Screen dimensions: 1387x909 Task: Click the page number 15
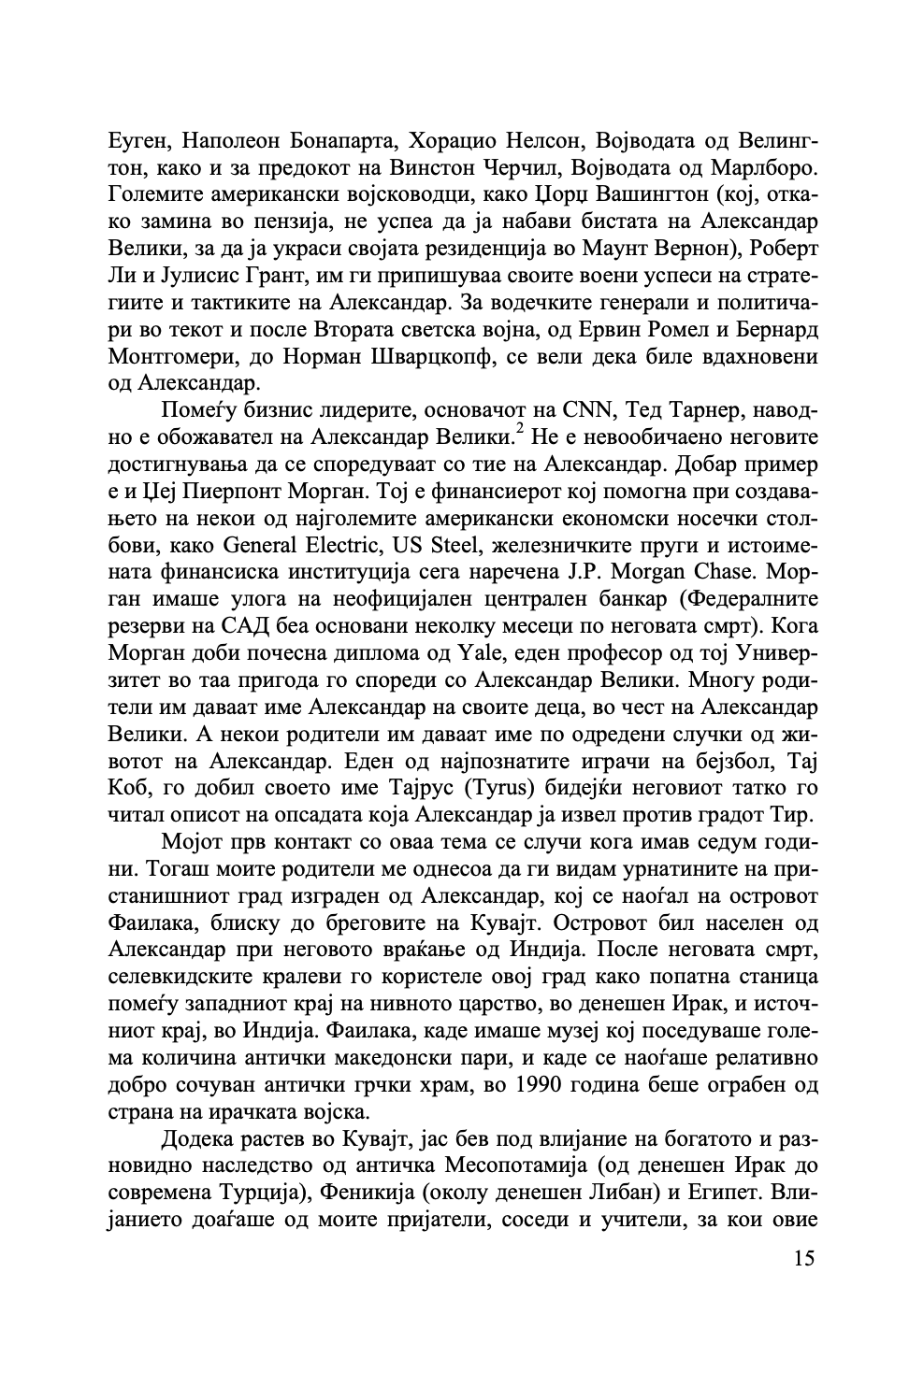[x=803, y=1258]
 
